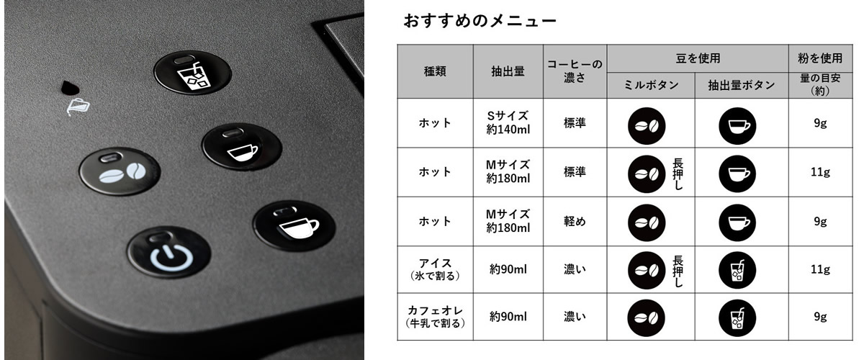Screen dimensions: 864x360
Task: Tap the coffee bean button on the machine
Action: pyautogui.click(x=120, y=171)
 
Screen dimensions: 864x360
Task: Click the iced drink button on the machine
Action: pyautogui.click(x=192, y=73)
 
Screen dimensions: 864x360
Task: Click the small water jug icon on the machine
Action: pyautogui.click(x=78, y=107)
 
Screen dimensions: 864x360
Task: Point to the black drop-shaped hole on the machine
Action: pyautogui.click(x=70, y=88)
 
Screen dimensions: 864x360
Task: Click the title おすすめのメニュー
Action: pyautogui.click(x=480, y=20)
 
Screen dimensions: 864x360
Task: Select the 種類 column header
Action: pyautogui.click(x=435, y=71)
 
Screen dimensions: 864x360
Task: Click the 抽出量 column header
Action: pyautogui.click(x=508, y=71)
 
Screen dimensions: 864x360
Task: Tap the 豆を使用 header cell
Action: pyautogui.click(x=698, y=58)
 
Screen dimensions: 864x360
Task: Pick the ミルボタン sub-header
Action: pyautogui.click(x=651, y=85)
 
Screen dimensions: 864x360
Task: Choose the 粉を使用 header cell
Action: pyautogui.click(x=820, y=58)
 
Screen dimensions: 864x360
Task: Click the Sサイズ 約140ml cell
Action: pyautogui.click(x=508, y=122)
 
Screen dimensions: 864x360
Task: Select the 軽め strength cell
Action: pyautogui.click(x=575, y=221)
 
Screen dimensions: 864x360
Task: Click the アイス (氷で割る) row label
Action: pyautogui.click(x=435, y=269)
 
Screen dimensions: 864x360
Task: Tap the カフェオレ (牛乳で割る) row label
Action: pyautogui.click(x=435, y=316)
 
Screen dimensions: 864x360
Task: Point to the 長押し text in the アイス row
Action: pyautogui.click(x=678, y=271)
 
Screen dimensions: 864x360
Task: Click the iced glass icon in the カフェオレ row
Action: pyautogui.click(x=737, y=318)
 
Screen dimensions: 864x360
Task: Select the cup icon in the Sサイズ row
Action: pyautogui.click(x=737, y=126)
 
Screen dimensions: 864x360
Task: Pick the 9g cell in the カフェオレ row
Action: pyautogui.click(x=820, y=316)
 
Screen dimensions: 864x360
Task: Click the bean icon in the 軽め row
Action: pyautogui.click(x=647, y=222)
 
